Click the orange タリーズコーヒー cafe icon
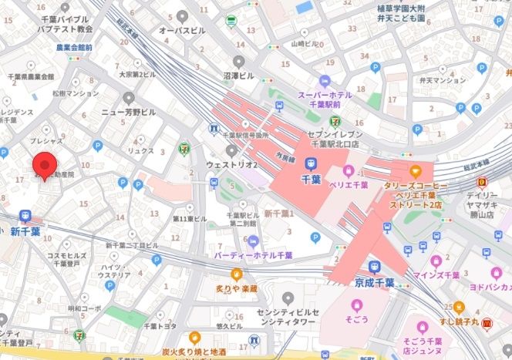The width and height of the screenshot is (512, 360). (x=416, y=170)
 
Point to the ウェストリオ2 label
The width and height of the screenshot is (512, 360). (x=231, y=165)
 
